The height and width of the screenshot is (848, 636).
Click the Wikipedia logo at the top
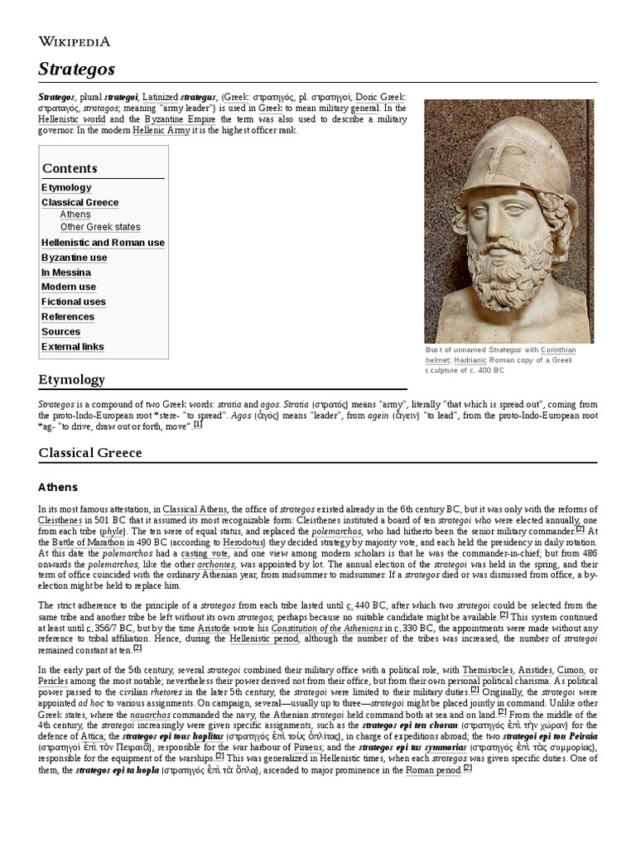pyautogui.click(x=75, y=41)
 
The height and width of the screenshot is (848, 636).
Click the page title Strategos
pyautogui.click(x=76, y=68)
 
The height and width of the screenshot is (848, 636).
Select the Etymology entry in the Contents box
pyautogui.click(x=66, y=187)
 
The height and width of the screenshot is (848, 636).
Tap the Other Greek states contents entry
pyautogui.click(x=100, y=227)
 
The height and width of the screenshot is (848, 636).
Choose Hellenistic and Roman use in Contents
pyautogui.click(x=103, y=243)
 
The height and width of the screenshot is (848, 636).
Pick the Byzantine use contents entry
pyautogui.click(x=75, y=258)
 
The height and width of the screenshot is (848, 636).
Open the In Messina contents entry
pyautogui.click(x=66, y=272)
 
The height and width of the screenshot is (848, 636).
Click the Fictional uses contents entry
pyautogui.click(x=74, y=301)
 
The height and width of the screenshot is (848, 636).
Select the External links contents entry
pyautogui.click(x=73, y=346)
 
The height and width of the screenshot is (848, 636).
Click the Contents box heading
pyautogui.click(x=70, y=168)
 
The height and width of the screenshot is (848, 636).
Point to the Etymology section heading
pyautogui.click(x=72, y=379)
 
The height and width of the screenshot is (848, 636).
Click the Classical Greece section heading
pyautogui.click(x=90, y=452)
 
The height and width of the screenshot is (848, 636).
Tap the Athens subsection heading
pyautogui.click(x=58, y=487)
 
